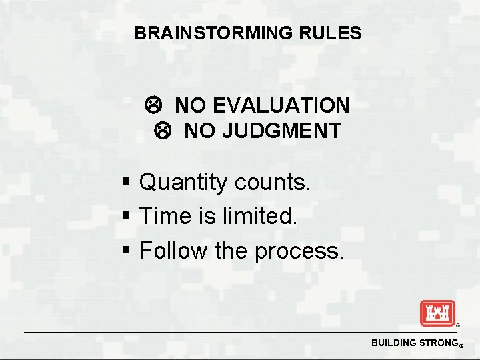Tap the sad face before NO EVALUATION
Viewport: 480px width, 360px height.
coord(151,105)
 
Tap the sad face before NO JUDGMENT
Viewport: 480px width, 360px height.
coord(160,131)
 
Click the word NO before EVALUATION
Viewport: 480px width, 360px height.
coord(190,105)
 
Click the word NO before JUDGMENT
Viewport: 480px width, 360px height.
coord(199,131)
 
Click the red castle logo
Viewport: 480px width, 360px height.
coord(437,313)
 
